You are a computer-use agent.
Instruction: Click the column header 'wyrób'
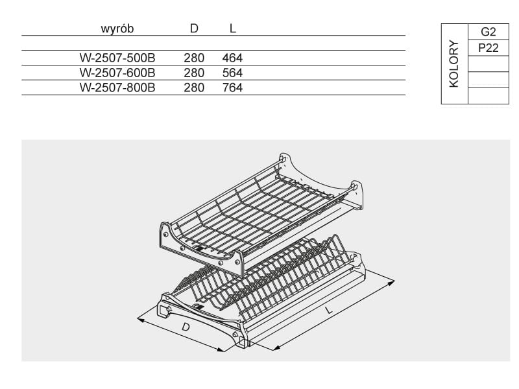coord(117,29)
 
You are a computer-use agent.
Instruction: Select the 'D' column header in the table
coord(193,29)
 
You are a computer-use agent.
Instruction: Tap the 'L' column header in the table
coord(232,29)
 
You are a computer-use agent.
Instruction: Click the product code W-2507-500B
coord(117,58)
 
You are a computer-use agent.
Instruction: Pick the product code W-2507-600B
coord(117,73)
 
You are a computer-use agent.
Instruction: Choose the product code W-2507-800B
coord(117,88)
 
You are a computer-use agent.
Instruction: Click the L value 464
coord(232,58)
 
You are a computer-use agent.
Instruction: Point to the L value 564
coord(232,73)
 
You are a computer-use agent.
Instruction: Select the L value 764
coord(232,88)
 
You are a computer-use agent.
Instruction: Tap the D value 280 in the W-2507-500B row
coord(193,58)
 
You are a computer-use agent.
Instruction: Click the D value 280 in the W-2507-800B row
coord(193,88)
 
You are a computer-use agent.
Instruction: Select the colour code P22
coord(488,48)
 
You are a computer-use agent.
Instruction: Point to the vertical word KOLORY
coord(453,64)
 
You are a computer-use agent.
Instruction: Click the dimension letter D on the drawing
coord(186,328)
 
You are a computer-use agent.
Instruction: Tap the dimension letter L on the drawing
coord(330,311)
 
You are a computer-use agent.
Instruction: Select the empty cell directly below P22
coord(488,64)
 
